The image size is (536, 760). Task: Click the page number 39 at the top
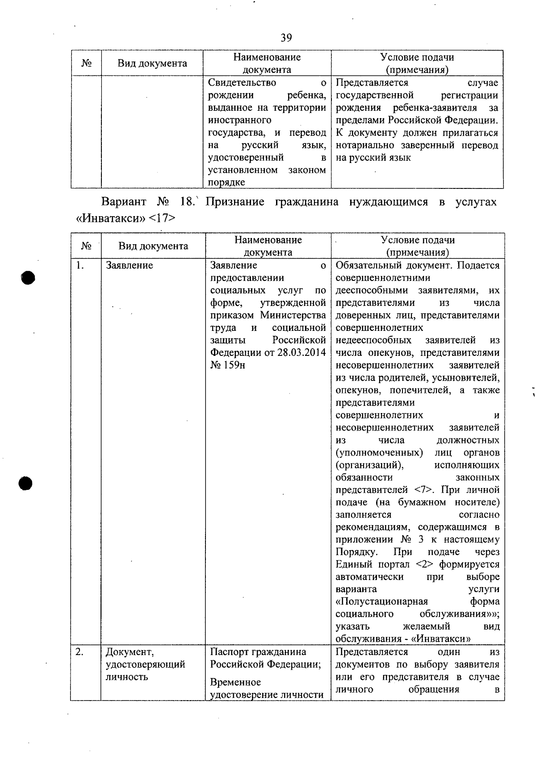pyautogui.click(x=286, y=38)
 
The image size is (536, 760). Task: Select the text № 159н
pyautogui.click(x=228, y=365)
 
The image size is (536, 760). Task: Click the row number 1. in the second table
pyautogui.click(x=80, y=265)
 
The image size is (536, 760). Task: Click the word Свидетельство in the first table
pyautogui.click(x=242, y=83)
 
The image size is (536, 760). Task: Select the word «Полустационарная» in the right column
pyautogui.click(x=381, y=602)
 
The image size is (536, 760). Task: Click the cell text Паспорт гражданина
pyautogui.click(x=258, y=652)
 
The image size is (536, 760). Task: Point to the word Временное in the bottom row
pyautogui.click(x=235, y=682)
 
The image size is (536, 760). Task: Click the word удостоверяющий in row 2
pyautogui.click(x=145, y=664)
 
